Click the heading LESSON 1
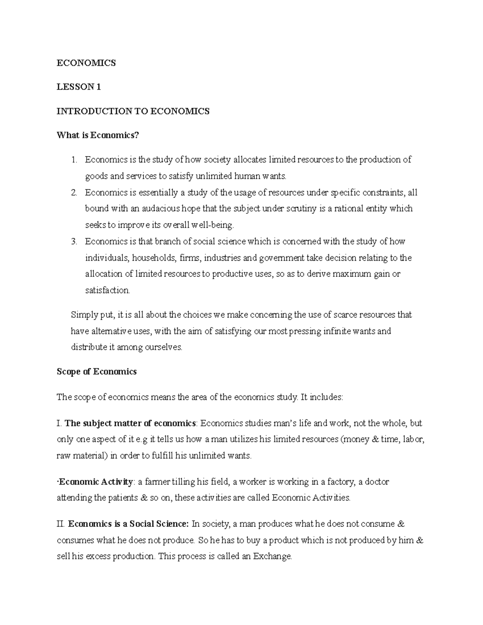[x=78, y=87]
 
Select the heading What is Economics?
[x=97, y=135]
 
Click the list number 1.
[x=74, y=160]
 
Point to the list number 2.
[x=74, y=193]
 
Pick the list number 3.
[x=74, y=241]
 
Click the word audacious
[x=161, y=209]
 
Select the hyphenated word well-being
[x=213, y=225]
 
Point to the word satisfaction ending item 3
[x=107, y=291]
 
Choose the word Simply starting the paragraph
[x=82, y=315]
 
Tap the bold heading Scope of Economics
[x=97, y=371]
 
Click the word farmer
[x=157, y=482]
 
